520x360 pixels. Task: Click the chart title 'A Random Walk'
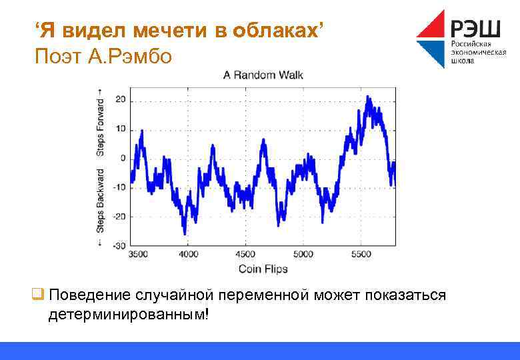(263, 75)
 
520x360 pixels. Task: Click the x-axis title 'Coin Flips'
(263, 269)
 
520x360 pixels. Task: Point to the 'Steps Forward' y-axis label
(100, 123)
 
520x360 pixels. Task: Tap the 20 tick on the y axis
(120, 99)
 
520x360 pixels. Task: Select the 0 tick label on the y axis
(122, 158)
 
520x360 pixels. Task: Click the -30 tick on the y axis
(119, 246)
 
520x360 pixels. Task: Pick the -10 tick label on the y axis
(119, 187)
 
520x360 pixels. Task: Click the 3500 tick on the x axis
(139, 255)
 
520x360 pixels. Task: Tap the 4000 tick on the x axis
(188, 255)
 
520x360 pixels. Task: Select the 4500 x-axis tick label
(245, 255)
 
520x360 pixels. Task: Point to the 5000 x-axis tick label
(303, 255)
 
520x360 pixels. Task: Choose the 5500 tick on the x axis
(360, 255)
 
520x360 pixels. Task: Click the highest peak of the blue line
(368, 97)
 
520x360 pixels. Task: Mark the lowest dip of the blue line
(185, 233)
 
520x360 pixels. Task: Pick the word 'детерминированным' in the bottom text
(127, 313)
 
